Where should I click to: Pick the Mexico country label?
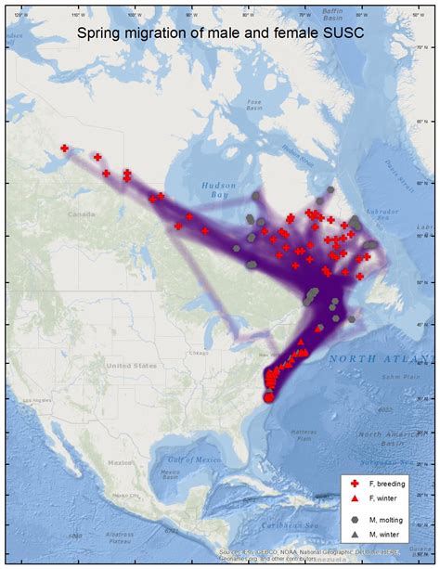pos(121,461)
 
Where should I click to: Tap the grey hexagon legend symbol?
pos(354,521)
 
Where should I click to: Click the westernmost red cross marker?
pos(65,148)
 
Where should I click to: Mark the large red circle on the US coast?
pos(268,397)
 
